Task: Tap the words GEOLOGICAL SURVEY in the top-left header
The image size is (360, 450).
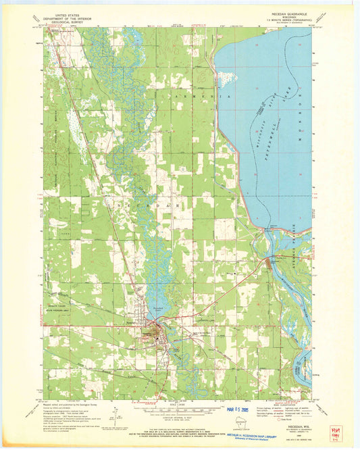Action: [63, 23]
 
